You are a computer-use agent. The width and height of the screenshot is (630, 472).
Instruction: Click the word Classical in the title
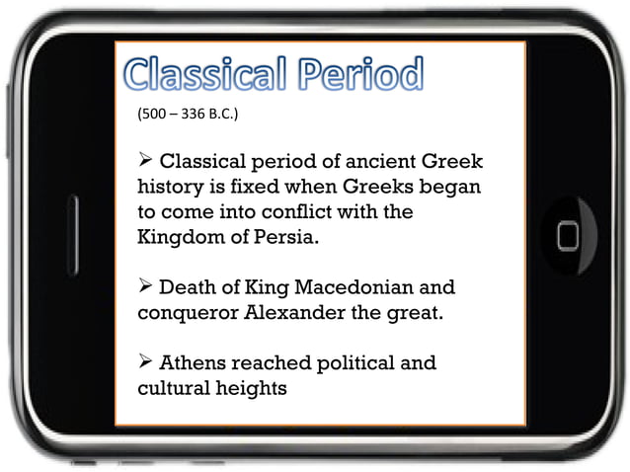[201, 76]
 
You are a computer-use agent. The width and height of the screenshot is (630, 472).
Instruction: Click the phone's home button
[568, 235]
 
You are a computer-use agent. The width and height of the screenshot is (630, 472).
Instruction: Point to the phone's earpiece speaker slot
[72, 235]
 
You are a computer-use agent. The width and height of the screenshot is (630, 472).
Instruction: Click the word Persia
[293, 238]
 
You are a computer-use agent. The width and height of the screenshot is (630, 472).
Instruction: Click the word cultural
[173, 388]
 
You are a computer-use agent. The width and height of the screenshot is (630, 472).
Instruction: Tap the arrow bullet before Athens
[145, 363]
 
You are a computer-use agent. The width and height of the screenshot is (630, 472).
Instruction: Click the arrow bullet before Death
[145, 288]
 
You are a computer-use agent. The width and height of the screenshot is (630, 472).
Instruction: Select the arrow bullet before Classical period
[145, 161]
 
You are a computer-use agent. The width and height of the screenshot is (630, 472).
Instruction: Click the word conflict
[295, 212]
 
